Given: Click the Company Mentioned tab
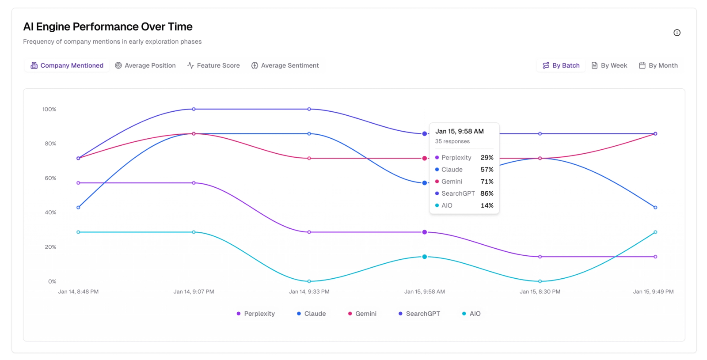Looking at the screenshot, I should point(67,65).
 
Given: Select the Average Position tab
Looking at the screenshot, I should point(145,65).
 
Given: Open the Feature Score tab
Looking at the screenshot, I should point(213,65).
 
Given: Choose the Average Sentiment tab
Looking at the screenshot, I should point(285,65).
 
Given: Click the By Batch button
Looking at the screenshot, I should point(561,65).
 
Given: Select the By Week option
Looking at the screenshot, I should point(609,65).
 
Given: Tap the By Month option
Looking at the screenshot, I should point(658,65).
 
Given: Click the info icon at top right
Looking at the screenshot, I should point(677,33).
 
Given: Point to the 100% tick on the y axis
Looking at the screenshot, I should point(49,109).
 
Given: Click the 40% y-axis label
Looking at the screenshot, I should point(50,212).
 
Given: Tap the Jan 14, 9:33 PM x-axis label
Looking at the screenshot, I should point(309,292).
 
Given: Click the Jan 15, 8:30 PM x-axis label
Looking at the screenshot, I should point(540,292).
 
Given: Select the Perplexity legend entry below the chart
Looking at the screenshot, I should point(256,314).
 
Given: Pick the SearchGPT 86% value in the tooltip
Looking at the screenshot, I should point(487,193).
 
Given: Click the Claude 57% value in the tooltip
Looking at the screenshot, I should point(487,170).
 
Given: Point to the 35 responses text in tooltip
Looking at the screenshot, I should point(452,141).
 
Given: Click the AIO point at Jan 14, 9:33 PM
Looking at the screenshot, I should point(309,281).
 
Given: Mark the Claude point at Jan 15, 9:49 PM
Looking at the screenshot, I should point(655,207).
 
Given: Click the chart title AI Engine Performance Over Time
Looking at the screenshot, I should point(108,27).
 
